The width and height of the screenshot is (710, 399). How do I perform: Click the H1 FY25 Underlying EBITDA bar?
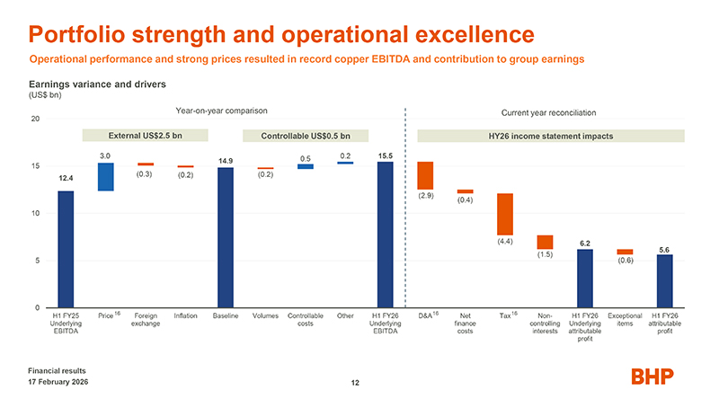(66, 249)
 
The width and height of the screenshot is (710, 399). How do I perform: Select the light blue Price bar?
(105, 177)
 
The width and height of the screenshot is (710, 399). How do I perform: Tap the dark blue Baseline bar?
(226, 237)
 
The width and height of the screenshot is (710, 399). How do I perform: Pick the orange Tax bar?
(505, 214)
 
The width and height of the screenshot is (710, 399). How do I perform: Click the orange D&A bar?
(425, 175)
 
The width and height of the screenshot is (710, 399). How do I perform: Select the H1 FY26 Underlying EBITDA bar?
(386, 235)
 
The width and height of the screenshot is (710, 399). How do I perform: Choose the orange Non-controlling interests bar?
(545, 242)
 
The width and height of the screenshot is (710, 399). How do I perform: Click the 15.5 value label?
(386, 155)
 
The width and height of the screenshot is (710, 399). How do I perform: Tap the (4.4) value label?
(505, 241)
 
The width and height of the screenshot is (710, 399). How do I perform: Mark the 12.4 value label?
(66, 179)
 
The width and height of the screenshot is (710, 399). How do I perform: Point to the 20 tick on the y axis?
(35, 120)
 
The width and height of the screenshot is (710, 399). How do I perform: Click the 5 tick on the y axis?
(37, 261)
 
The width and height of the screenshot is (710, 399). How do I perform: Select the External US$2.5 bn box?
(145, 136)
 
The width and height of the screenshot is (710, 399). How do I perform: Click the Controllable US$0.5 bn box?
(306, 136)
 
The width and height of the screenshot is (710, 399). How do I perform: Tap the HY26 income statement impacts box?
(551, 136)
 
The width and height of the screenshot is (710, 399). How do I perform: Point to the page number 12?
(355, 384)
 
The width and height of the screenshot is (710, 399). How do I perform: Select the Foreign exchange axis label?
(146, 320)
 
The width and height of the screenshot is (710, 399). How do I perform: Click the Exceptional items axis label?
(625, 320)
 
